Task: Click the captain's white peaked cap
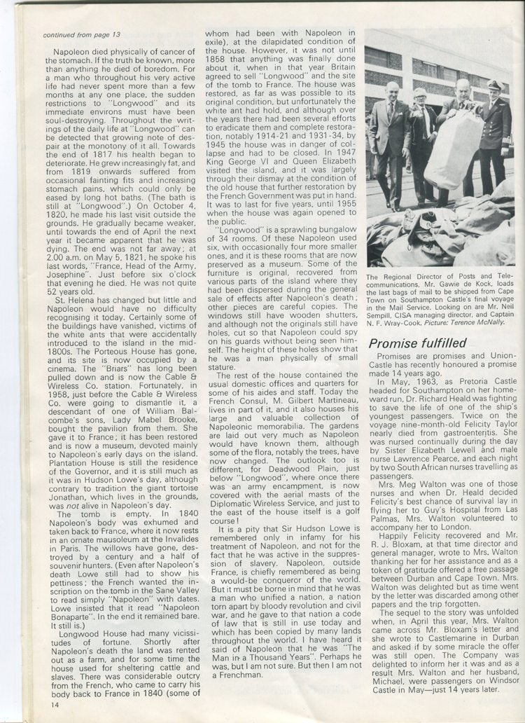click(x=495, y=85)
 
